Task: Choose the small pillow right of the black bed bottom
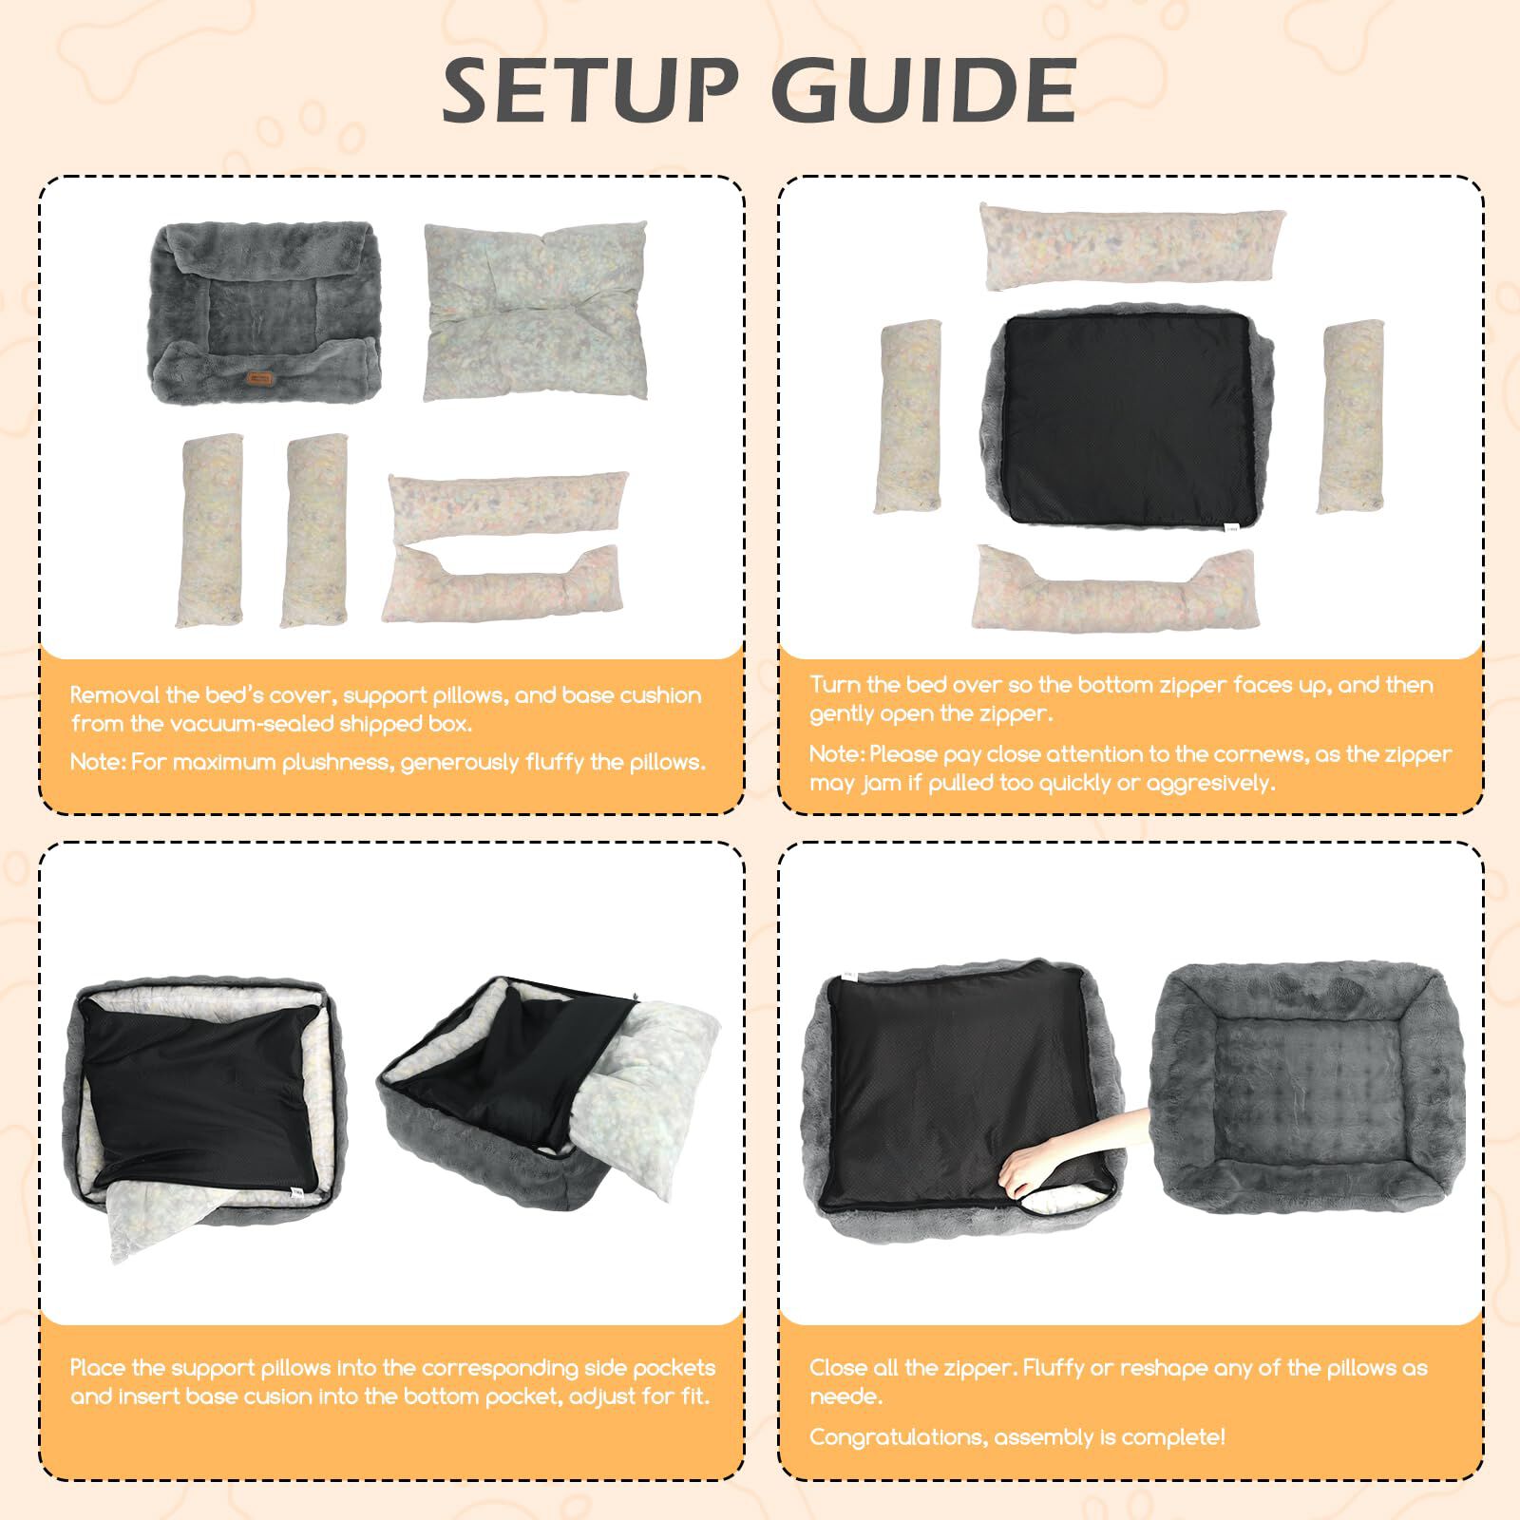1350,416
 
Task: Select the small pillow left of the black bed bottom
911,417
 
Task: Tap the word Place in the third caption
98,1368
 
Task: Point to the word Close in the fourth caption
840,1368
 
